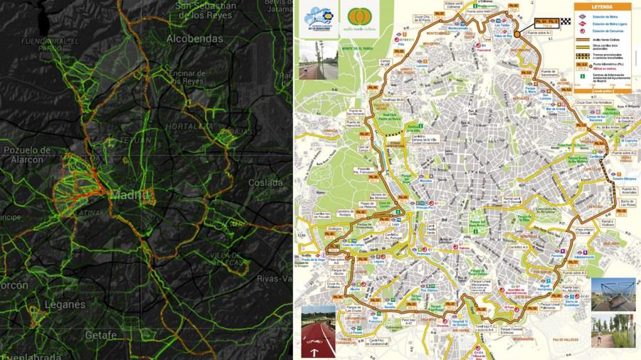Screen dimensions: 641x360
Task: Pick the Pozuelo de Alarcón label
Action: [x=27, y=155]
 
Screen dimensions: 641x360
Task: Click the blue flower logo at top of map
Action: [x=315, y=17]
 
